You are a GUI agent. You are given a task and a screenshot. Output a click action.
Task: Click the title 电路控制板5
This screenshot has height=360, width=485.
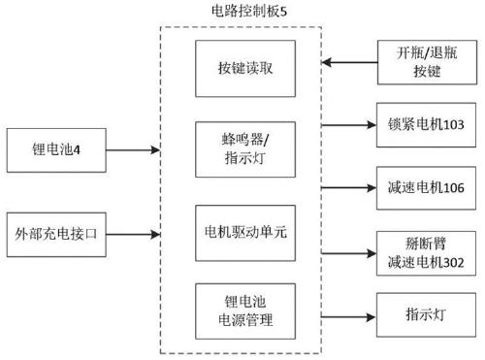pyautogui.click(x=242, y=13)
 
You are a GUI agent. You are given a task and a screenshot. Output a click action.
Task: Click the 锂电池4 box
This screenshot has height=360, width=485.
pyautogui.click(x=57, y=151)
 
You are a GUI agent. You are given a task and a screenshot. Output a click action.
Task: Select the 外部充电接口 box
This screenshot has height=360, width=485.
pyautogui.click(x=57, y=232)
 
